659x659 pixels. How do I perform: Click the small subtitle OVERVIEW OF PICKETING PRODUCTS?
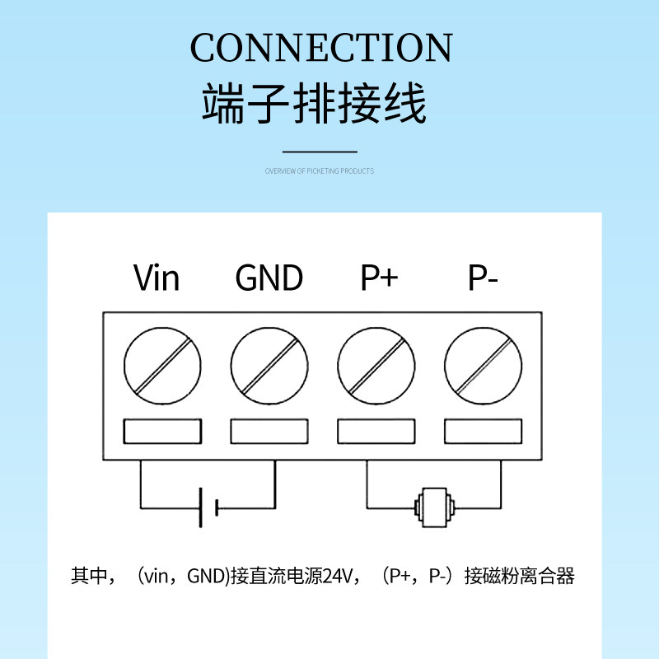pos(319,171)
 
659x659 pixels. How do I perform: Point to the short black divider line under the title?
pos(320,152)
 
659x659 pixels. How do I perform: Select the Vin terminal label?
pos(157,278)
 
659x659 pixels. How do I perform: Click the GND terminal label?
pos(269,278)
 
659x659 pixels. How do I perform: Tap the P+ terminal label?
pos(380,278)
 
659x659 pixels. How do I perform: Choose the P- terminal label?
pos(483,278)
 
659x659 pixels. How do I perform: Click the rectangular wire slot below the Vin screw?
pos(162,431)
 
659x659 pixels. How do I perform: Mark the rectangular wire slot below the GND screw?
pos(269,431)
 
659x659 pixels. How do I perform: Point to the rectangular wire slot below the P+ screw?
pos(376,431)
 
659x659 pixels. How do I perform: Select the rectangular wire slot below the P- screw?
pos(484,431)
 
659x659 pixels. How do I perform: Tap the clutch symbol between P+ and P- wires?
pos(433,507)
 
